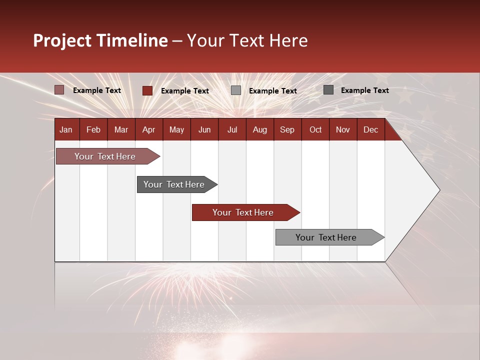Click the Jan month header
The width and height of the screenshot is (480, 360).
[x=66, y=129]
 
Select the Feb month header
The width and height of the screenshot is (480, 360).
[x=93, y=129]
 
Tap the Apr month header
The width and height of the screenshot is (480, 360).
[x=148, y=129]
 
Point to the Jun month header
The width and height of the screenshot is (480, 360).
[x=204, y=129]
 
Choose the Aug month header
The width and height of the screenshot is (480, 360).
[x=259, y=129]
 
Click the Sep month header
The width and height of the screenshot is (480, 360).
[x=287, y=129]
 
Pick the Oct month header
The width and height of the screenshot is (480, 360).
[x=315, y=129]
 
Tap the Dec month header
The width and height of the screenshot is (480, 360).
[x=370, y=129]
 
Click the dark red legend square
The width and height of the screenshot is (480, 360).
[x=147, y=90]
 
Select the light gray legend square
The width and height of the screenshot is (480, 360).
[x=236, y=90]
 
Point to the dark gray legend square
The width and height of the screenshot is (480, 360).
[x=328, y=90]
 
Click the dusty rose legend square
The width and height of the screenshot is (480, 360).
[x=59, y=90]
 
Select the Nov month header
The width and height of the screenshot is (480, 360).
[x=343, y=129]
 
